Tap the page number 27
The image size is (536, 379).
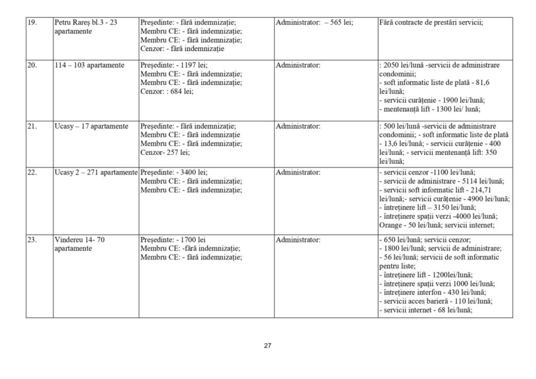point(267,345)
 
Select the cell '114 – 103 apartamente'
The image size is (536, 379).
point(89,65)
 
